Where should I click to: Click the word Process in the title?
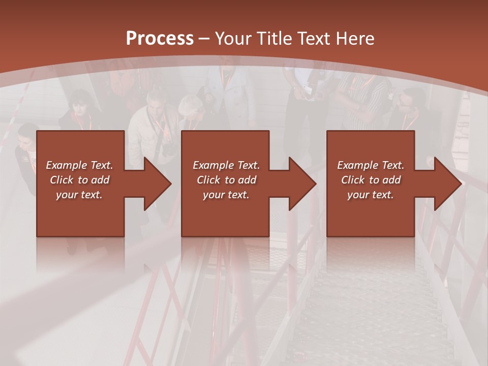[x=160, y=39]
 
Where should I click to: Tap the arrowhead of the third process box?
[x=447, y=184]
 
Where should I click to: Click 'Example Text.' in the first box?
[x=79, y=165]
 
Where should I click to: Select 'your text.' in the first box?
[x=79, y=195]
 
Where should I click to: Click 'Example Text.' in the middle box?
[x=226, y=165]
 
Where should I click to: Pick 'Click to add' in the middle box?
[x=226, y=180]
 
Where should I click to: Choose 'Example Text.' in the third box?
[x=371, y=165]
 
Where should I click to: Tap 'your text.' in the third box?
[x=371, y=195]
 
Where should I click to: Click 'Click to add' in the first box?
[x=79, y=180]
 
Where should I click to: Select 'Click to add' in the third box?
[x=371, y=180]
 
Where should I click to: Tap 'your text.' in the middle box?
[x=226, y=195]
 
